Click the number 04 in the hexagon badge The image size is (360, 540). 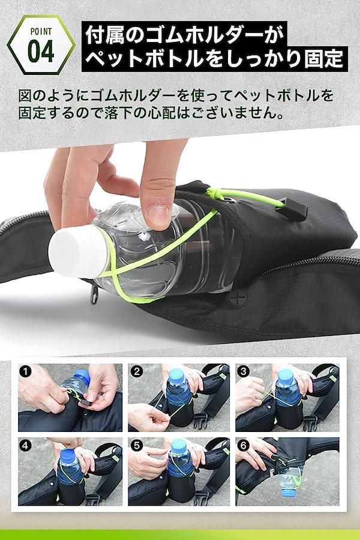41,52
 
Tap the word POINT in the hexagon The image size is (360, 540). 41,32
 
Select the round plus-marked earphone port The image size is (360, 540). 238,297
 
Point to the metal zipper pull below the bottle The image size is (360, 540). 94,295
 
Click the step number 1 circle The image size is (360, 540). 25,371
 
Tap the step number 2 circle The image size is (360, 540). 137,371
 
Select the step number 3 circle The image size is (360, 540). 244,371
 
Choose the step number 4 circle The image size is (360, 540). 25,446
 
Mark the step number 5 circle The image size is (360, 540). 137,446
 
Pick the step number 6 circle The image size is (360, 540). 244,446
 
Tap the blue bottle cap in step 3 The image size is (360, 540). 286,374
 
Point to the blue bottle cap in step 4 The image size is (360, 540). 68,453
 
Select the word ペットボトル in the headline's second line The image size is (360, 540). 143,59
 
